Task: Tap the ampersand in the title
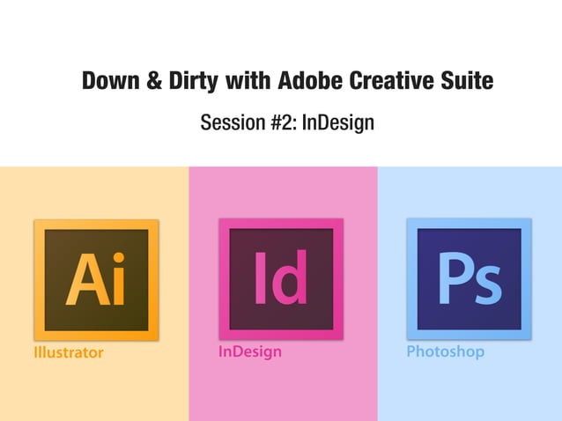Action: click(x=152, y=82)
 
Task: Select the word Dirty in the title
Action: click(x=192, y=82)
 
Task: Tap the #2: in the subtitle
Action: click(x=283, y=122)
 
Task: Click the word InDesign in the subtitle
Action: click(x=338, y=122)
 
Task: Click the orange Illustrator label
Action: click(x=68, y=352)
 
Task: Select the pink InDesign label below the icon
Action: click(x=250, y=351)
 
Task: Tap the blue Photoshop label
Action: click(x=445, y=351)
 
